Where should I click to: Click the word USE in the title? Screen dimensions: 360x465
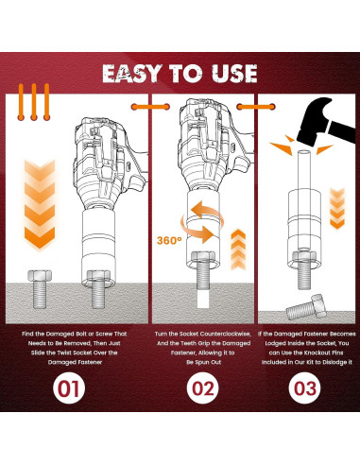coord(234,74)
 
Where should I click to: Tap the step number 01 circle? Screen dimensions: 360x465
coord(69,388)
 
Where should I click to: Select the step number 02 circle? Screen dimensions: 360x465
coord(202,388)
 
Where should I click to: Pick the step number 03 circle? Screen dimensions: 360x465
coord(304,388)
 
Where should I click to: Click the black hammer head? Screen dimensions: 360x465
coord(315,121)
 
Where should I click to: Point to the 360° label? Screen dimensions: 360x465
coord(169,240)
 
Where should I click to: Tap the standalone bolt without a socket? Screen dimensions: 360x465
coord(40,289)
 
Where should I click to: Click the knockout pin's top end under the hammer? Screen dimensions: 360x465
coord(304,152)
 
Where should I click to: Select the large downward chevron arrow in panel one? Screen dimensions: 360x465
coord(40,204)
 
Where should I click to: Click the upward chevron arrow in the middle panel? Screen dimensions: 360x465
coord(238,250)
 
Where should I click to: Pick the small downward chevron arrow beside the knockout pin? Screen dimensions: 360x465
coord(337,209)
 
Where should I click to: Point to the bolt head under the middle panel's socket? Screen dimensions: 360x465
coord(203,257)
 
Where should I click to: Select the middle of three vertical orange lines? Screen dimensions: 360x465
coord(34,102)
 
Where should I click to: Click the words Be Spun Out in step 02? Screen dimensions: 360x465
coord(203,362)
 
